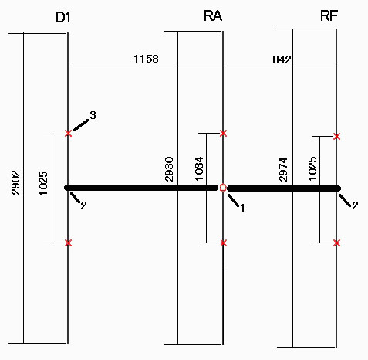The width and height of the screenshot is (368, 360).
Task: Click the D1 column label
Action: (x=63, y=18)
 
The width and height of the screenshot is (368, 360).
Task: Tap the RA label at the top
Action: (x=213, y=16)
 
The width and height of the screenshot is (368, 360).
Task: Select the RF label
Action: (x=329, y=16)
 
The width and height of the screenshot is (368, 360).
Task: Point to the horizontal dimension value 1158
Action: (x=146, y=59)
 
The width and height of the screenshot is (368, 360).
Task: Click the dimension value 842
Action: (x=282, y=59)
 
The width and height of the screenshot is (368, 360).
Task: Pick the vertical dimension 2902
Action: (x=15, y=182)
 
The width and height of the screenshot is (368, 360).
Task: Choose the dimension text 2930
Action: (x=169, y=169)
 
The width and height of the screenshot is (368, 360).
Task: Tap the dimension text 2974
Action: (x=283, y=169)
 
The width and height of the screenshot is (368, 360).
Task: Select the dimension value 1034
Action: (x=199, y=168)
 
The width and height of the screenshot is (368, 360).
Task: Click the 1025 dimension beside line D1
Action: (x=43, y=183)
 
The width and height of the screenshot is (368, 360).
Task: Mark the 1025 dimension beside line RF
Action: (x=312, y=168)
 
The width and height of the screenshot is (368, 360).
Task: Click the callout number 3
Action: (x=93, y=115)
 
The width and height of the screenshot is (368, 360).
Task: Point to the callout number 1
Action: (x=242, y=208)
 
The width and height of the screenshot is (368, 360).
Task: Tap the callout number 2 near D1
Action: (x=83, y=205)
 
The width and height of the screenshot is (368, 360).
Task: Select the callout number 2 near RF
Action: (x=355, y=205)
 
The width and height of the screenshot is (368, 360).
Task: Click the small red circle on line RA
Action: (x=223, y=188)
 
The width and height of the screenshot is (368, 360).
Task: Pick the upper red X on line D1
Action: (x=68, y=134)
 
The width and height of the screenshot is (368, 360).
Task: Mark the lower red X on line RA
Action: (x=223, y=243)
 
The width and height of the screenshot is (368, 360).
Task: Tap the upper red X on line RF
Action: (x=336, y=136)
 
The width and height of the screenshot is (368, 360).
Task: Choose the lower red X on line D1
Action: (x=68, y=243)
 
